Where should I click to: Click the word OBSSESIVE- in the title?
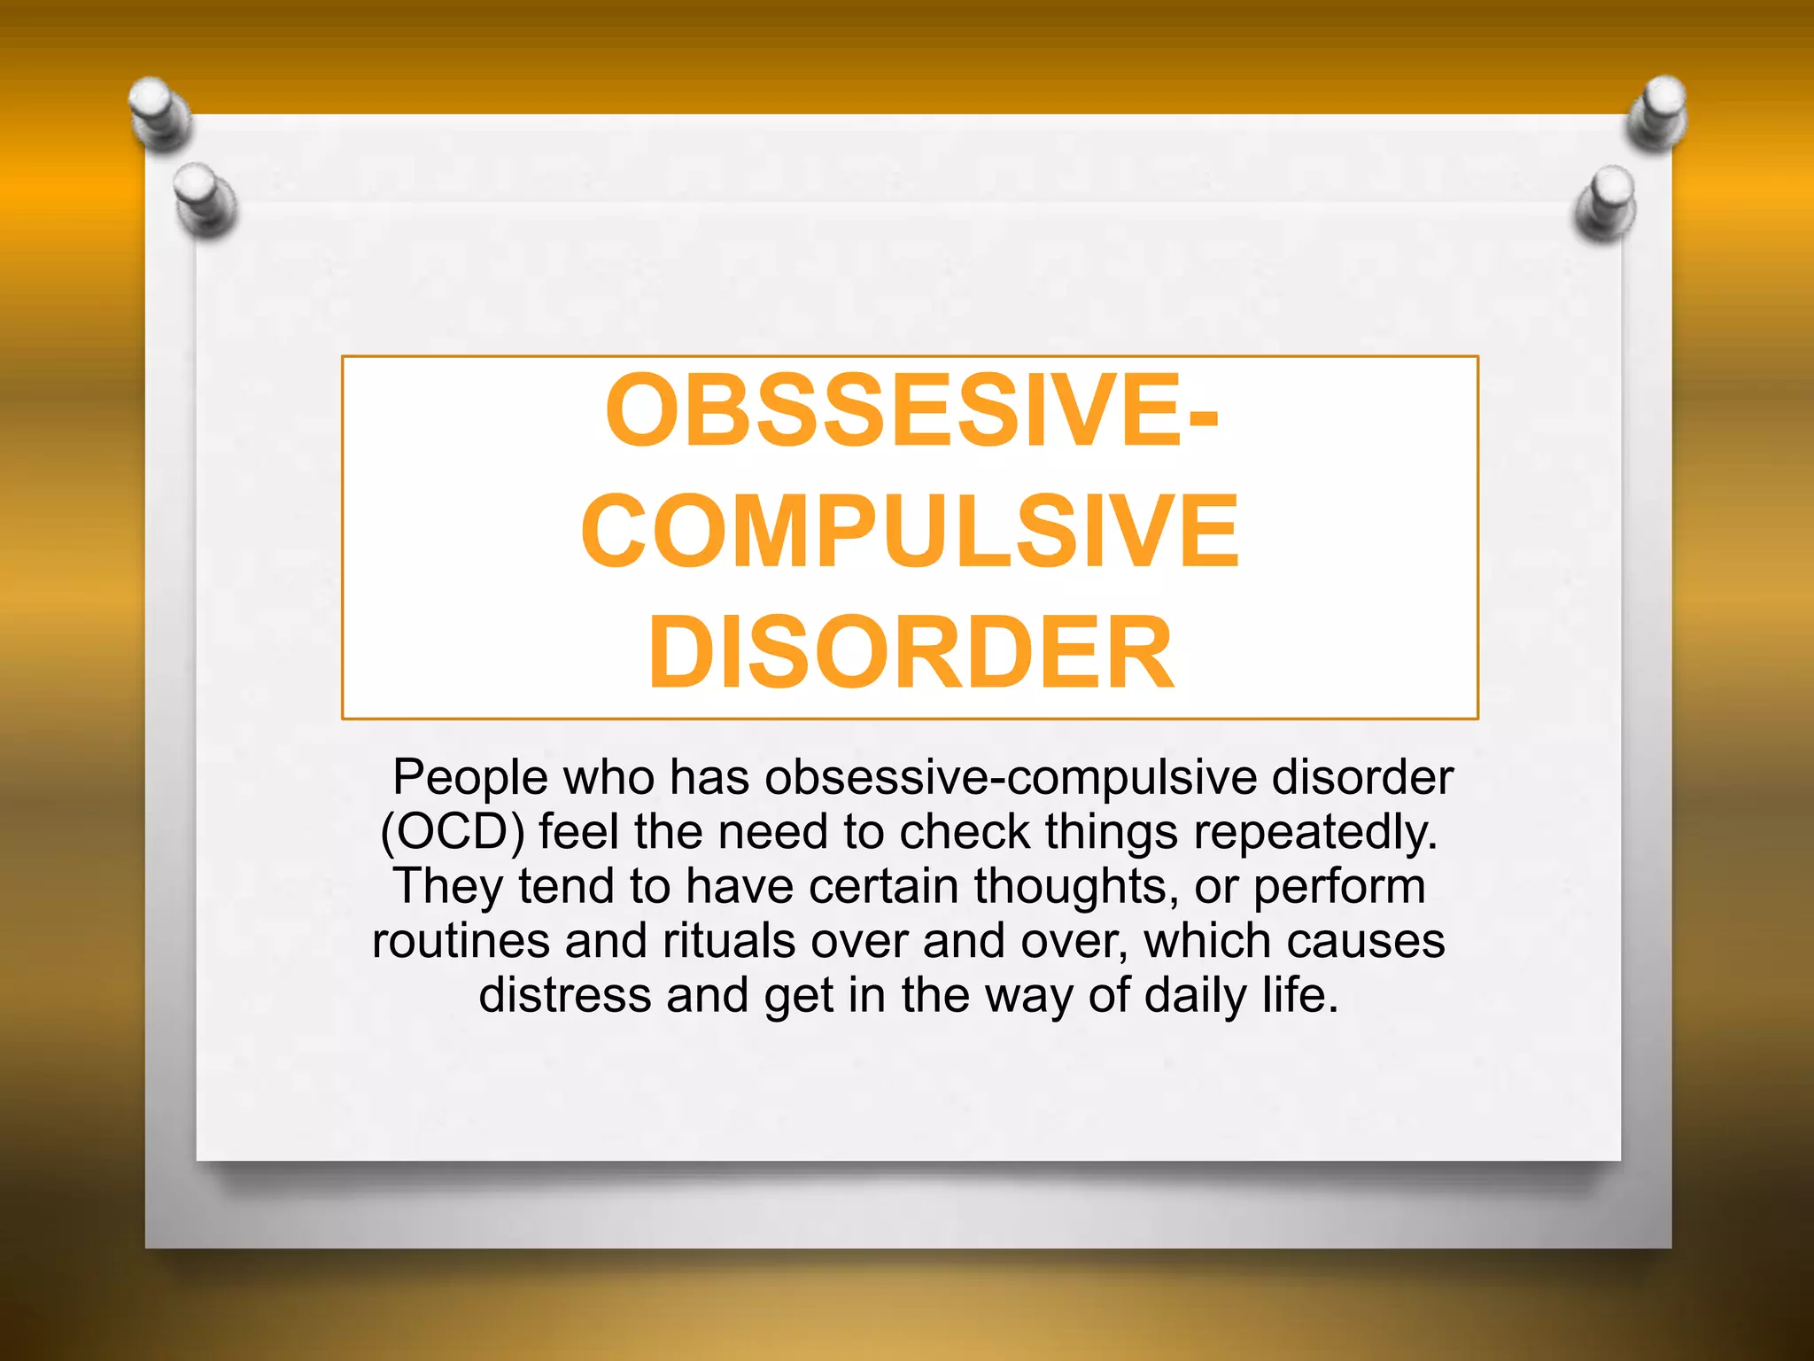point(911,411)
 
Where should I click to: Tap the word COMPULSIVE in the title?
point(910,532)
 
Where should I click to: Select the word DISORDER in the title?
point(911,653)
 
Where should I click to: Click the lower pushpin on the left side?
point(205,198)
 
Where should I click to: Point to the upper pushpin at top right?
point(1658,112)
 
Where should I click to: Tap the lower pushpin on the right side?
point(1607,203)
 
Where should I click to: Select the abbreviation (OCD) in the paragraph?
point(453,832)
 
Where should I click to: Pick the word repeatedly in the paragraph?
point(1314,834)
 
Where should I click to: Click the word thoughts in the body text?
point(1076,887)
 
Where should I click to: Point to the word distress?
point(565,995)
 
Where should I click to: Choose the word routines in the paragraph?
point(461,941)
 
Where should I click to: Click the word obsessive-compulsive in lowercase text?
point(1011,778)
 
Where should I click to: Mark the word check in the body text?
point(965,832)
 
